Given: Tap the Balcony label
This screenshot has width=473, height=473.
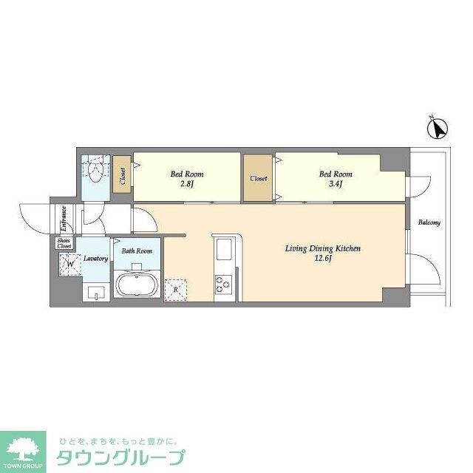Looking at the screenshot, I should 429,222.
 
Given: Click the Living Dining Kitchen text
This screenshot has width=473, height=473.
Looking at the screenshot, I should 323,248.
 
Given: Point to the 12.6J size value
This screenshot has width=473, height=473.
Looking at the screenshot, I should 323,259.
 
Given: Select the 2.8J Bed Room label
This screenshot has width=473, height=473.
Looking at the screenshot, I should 186,179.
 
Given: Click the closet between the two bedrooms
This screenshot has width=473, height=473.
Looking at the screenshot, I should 258,178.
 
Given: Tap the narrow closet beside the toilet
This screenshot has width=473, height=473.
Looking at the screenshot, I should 122,177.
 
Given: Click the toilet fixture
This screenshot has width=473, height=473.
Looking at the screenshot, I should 94,171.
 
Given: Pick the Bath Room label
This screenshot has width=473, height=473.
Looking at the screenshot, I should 137,251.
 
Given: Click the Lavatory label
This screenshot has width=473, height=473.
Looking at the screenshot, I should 96,259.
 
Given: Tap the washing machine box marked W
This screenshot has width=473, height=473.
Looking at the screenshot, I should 71,263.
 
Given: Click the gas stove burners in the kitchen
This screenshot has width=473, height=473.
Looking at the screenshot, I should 223,284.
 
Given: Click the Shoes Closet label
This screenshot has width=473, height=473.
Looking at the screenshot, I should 64,243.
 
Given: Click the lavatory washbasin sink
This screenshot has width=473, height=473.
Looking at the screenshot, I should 95,292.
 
